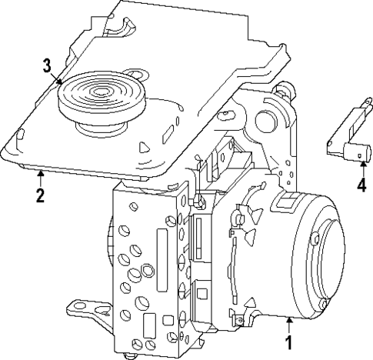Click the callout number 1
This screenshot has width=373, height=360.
[288, 338]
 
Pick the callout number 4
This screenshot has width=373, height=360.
[361, 185]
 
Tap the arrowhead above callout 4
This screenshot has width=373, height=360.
[360, 165]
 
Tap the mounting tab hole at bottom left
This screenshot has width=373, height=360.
[78, 308]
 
